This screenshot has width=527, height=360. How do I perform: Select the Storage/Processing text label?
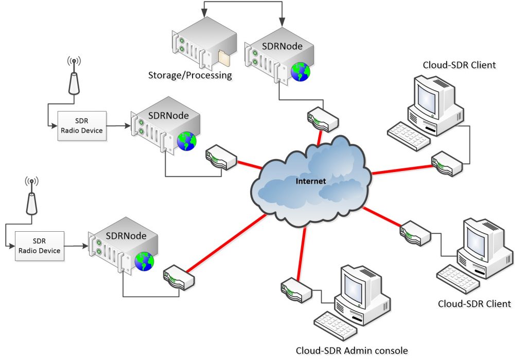tap(190, 76)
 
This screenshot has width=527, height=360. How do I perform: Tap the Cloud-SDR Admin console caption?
tap(352, 351)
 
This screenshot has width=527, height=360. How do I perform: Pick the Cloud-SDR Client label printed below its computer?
tap(474, 303)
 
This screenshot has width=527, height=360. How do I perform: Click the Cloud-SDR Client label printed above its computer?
tap(459, 65)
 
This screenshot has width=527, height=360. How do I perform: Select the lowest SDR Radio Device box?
tap(39, 246)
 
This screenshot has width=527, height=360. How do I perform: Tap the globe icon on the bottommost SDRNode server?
tap(145, 262)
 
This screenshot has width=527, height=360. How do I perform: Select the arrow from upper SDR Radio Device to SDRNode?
tap(118, 125)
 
